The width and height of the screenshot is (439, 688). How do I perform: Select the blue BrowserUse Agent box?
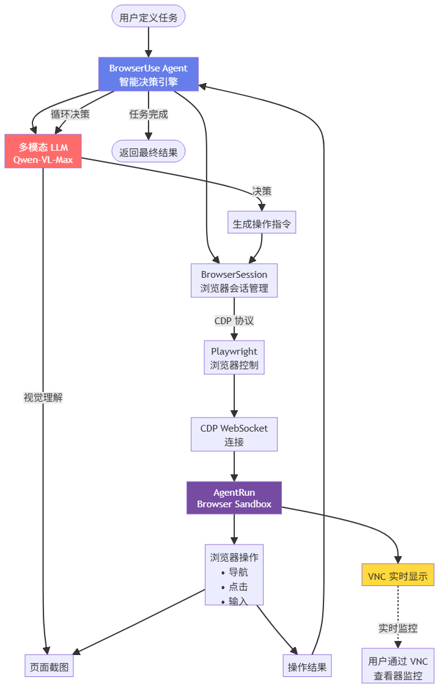[x=149, y=74]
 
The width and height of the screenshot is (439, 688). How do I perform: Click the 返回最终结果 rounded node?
[x=149, y=151]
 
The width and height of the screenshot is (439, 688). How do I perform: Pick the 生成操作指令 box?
[x=262, y=224]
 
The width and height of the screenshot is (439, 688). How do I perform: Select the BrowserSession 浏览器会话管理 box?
[x=234, y=281]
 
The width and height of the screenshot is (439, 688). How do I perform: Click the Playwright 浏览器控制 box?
[x=234, y=358]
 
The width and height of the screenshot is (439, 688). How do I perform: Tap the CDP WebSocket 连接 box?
[x=234, y=435]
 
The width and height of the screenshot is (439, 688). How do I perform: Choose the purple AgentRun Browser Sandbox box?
[x=234, y=498]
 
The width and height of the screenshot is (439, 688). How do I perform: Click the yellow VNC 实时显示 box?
[x=397, y=576]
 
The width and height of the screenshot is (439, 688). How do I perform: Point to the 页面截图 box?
[x=49, y=667]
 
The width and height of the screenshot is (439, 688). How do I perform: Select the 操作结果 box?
[x=308, y=667]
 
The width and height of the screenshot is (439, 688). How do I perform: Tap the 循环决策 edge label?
[x=70, y=114]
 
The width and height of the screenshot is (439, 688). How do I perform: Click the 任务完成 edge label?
[x=149, y=114]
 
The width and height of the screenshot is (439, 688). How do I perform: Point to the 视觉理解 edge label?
[x=43, y=397]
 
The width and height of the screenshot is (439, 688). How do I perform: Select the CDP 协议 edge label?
[x=234, y=320]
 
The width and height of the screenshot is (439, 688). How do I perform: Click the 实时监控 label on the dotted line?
[x=398, y=628]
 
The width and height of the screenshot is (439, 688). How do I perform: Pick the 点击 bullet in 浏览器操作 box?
[x=237, y=586]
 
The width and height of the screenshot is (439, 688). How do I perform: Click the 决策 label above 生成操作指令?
[x=262, y=191]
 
